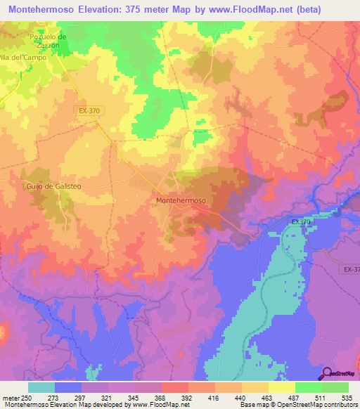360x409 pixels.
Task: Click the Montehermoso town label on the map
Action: (x=180, y=200)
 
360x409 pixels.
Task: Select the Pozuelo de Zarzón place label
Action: (x=48, y=40)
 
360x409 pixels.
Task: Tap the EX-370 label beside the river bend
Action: (x=301, y=222)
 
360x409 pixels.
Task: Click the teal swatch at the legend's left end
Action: (x=41, y=387)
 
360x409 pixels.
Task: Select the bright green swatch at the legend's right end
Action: (x=335, y=387)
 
